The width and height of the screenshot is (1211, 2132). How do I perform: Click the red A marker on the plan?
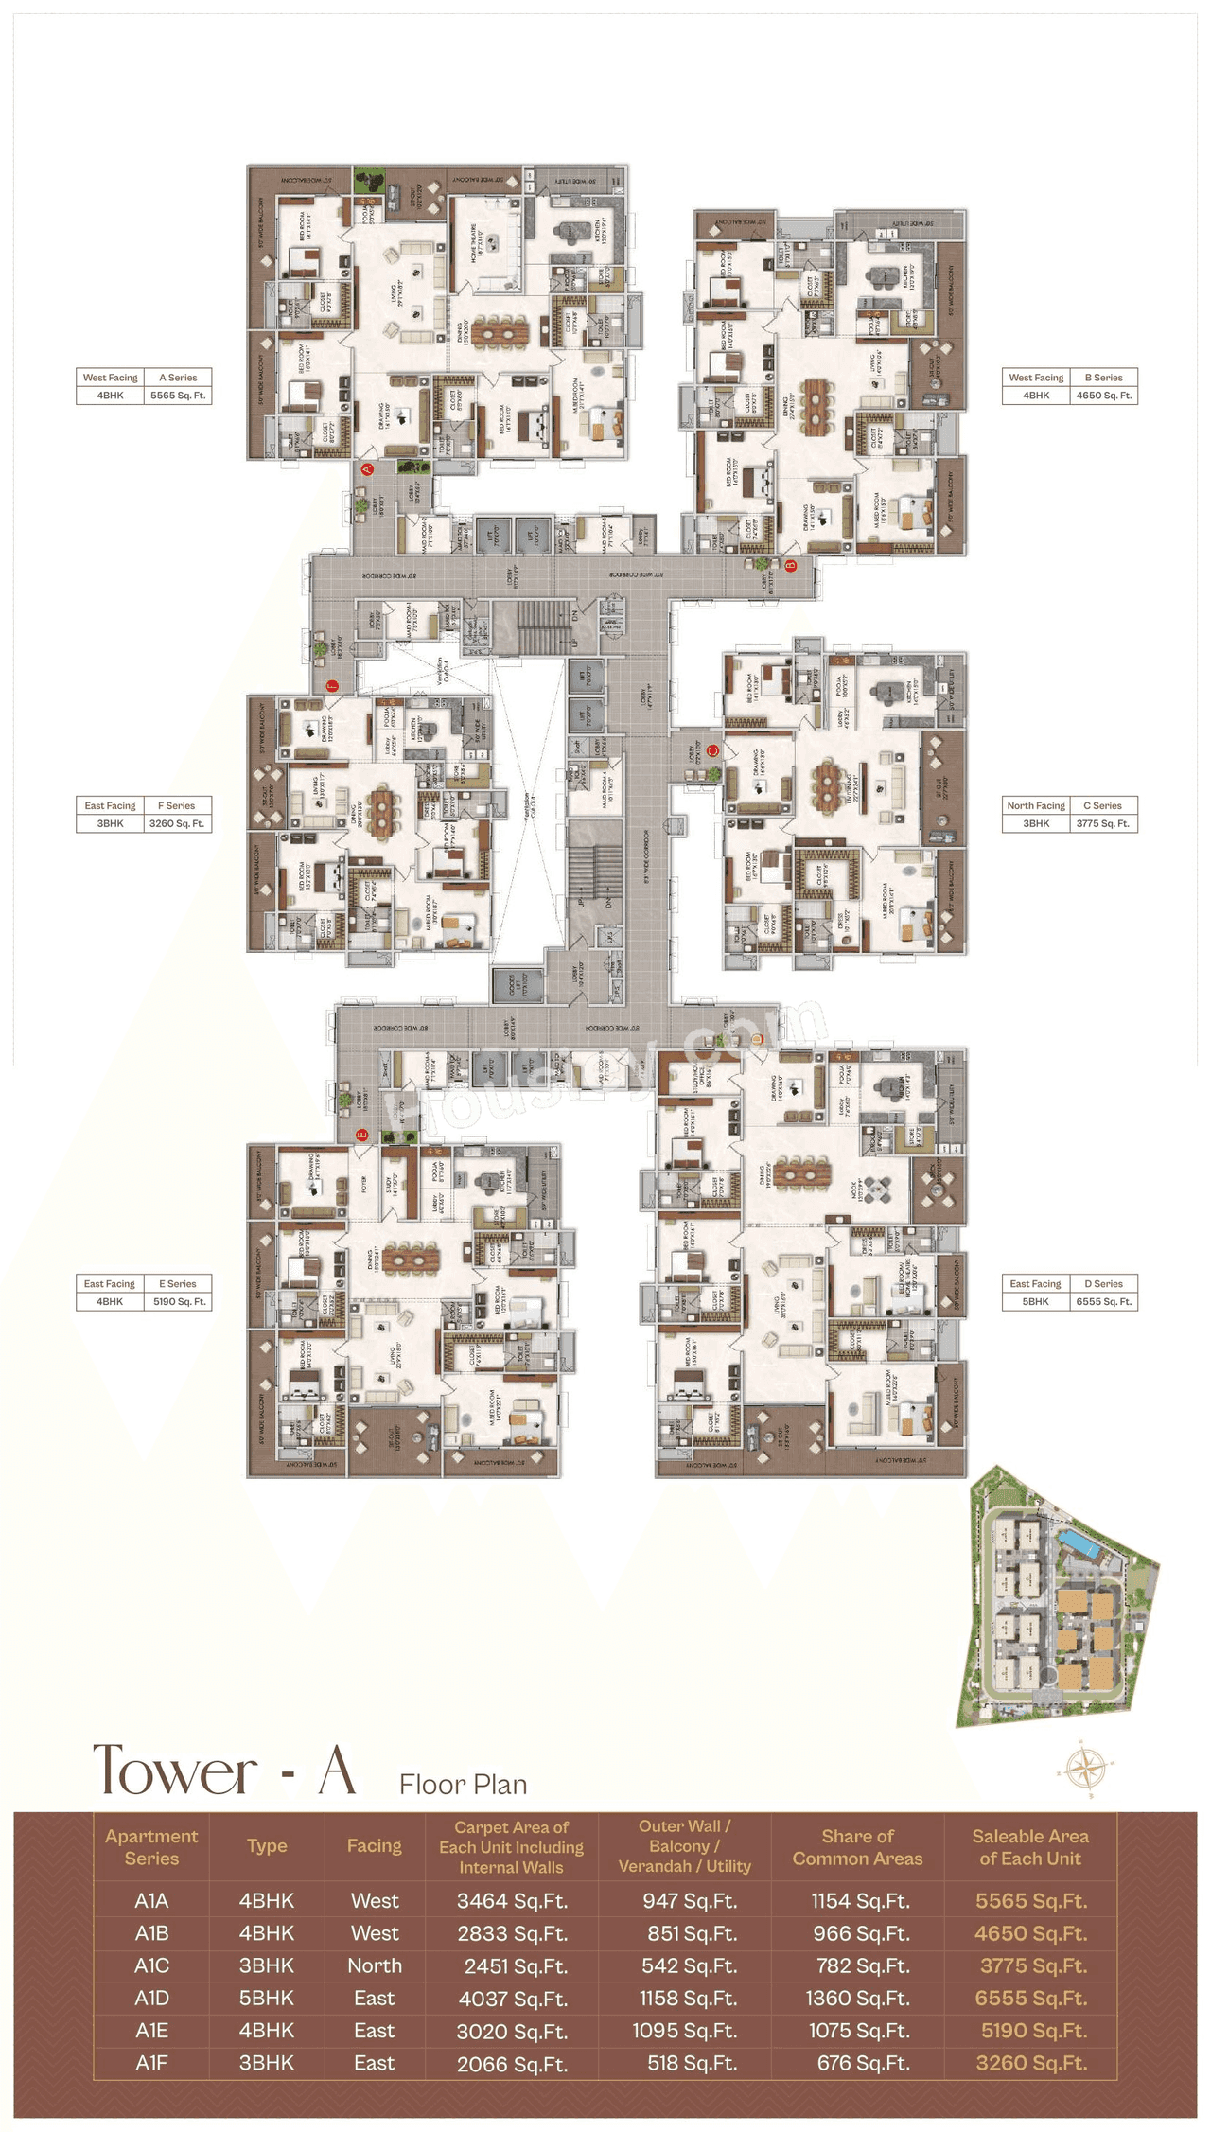coord(368,468)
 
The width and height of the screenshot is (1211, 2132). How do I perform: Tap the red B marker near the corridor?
coord(792,566)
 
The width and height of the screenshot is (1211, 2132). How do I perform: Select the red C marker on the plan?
coord(713,751)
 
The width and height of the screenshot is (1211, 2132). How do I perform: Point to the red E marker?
coord(360,1135)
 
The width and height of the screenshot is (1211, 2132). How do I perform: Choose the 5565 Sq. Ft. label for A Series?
coord(178,396)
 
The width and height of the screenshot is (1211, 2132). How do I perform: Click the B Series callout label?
coord(1103,377)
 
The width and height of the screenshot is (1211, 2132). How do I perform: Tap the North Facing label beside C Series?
coord(1036,805)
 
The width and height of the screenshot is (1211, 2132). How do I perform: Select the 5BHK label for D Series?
coord(1035,1301)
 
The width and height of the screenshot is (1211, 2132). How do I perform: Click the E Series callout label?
coord(178,1283)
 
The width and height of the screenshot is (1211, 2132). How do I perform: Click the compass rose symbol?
coord(1087,1767)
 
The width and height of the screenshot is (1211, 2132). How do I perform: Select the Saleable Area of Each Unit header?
coord(1030,1847)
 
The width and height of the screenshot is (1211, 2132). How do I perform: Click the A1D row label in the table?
coord(151,1998)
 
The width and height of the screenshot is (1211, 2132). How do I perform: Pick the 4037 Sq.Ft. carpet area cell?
coord(511,1999)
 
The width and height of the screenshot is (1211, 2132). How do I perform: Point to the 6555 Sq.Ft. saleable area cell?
coord(1030,1998)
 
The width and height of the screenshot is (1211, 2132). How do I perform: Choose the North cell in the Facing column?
coord(374,1965)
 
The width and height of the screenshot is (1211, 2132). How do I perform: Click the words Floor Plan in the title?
coord(463,1785)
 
